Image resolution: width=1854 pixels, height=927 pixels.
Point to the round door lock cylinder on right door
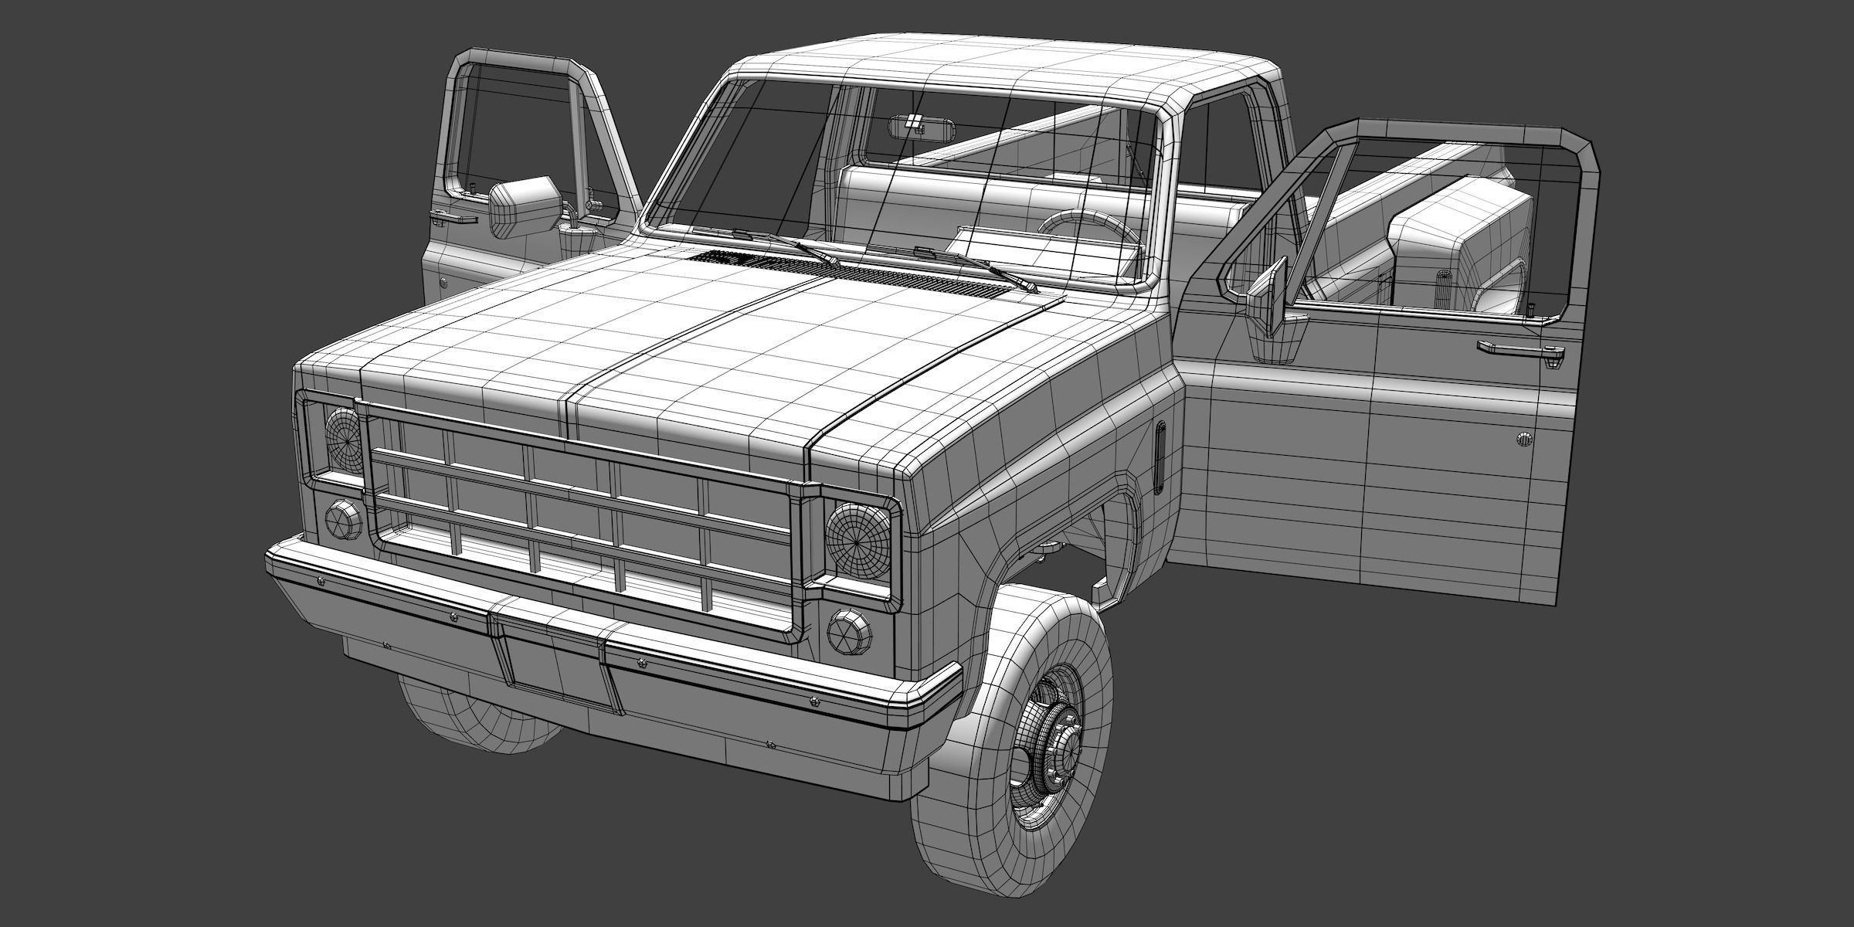click(x=1523, y=440)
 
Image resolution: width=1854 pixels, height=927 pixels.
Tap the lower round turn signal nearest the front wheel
click(x=849, y=630)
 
